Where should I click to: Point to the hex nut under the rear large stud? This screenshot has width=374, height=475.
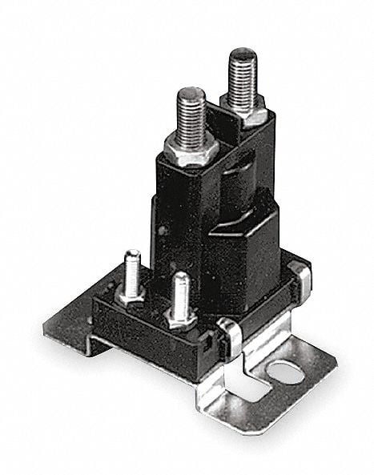[x=244, y=109]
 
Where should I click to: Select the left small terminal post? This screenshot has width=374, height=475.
[x=132, y=268]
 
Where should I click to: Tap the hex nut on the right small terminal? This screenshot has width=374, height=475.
[x=181, y=316]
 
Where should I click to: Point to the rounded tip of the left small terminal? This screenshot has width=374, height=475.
[x=133, y=255]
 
